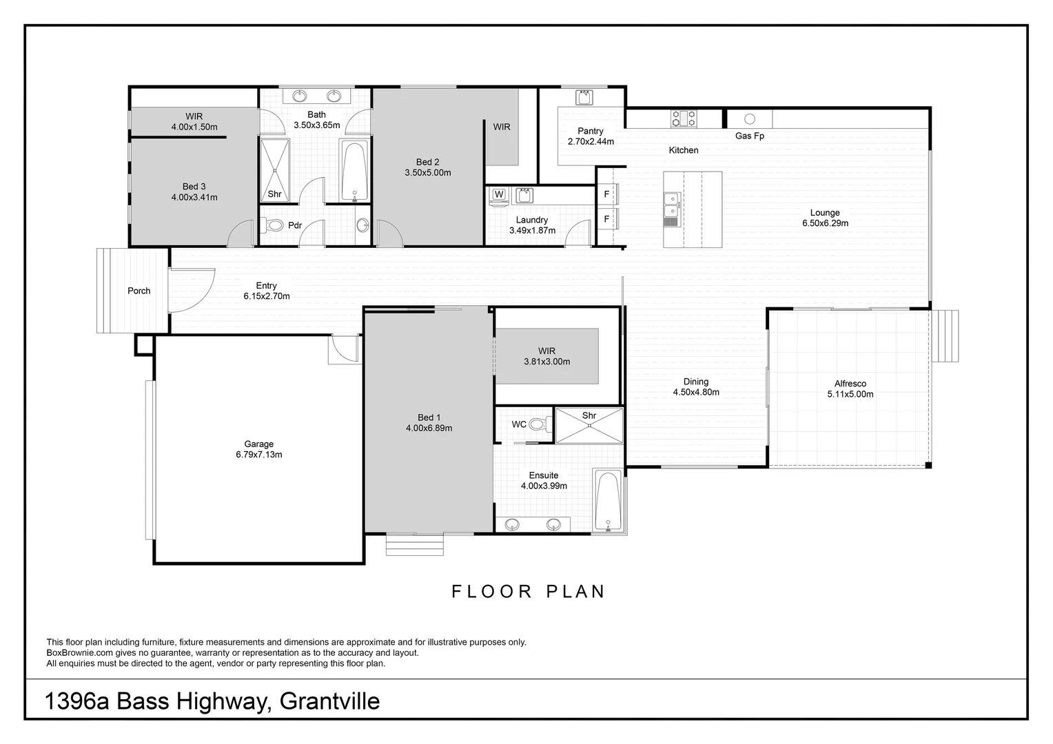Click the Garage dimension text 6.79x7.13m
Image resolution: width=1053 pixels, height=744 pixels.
coord(259,455)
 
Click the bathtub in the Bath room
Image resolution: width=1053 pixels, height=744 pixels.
coord(354,171)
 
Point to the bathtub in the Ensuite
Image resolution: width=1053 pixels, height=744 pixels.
coord(608,501)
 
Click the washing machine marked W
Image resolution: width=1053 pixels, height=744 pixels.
coord(499,196)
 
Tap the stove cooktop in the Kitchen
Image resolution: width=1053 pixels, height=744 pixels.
coord(684,118)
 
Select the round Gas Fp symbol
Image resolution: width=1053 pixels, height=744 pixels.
coord(750,118)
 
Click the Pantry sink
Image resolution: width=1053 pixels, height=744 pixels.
coord(584,98)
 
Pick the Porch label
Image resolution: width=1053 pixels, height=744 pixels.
coord(139,291)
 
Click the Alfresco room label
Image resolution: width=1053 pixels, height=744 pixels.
coord(850,384)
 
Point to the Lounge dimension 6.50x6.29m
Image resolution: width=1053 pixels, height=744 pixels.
coord(826,223)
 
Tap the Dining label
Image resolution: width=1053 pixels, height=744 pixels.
coord(696,382)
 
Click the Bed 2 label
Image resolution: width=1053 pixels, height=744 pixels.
coord(428,162)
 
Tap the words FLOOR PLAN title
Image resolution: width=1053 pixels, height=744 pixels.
coord(529,592)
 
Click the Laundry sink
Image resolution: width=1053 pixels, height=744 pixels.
coord(524,195)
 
